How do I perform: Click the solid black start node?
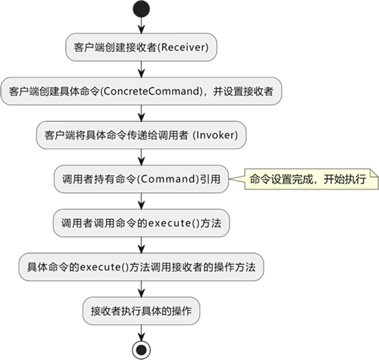point(141,9)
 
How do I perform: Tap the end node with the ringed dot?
point(141,350)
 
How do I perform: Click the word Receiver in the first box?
point(184,47)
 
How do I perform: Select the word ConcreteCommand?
point(152,91)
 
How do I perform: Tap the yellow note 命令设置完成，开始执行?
point(312,179)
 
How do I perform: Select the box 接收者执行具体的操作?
point(141,311)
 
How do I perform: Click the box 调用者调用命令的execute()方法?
point(141,223)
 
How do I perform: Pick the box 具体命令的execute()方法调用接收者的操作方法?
point(141,267)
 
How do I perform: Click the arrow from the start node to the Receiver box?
point(141,25)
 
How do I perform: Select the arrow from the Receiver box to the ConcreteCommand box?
point(141,69)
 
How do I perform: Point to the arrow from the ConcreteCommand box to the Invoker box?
point(141,113)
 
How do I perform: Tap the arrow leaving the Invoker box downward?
point(141,157)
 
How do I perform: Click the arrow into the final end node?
point(141,333)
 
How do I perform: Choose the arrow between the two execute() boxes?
point(141,245)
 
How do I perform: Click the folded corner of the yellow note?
point(374,173)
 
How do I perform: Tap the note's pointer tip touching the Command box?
point(230,179)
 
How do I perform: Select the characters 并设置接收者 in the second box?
point(243,91)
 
